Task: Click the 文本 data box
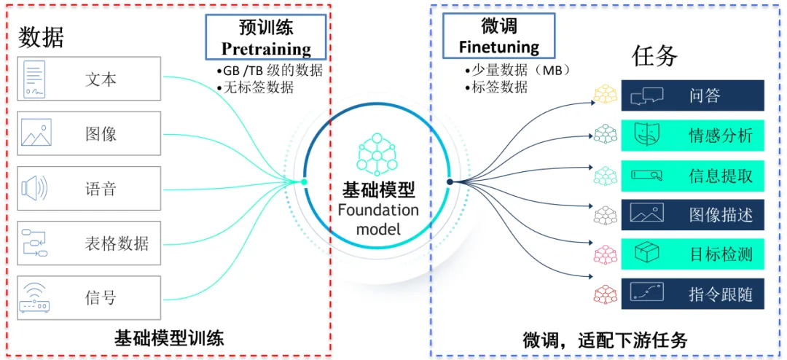[x=88, y=79]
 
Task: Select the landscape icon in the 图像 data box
[x=36, y=133]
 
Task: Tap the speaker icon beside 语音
[x=34, y=189]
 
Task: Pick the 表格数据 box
[x=88, y=243]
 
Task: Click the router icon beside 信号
[x=36, y=297]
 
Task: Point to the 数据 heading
[x=41, y=36]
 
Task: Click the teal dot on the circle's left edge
[x=304, y=182]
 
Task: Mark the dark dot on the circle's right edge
[x=450, y=182]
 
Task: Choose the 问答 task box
[x=692, y=95]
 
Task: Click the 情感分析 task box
[x=692, y=135]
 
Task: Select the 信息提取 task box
[x=692, y=175]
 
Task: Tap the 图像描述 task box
[x=692, y=215]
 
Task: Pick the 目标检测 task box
[x=692, y=254]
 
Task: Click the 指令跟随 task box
[x=692, y=294]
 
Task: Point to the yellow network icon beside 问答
[x=606, y=95]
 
